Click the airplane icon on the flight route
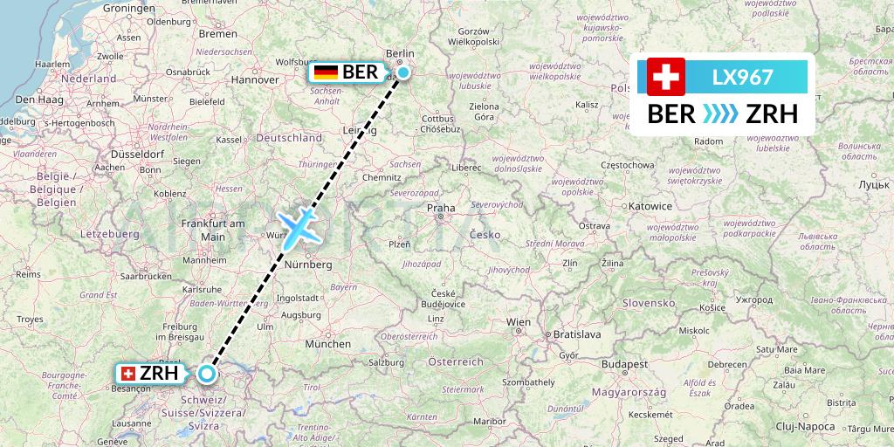pos(298,225)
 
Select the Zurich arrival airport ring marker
pos(206,374)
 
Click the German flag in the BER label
pos(327,72)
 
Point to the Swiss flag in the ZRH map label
pos(128,374)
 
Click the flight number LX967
pos(742,77)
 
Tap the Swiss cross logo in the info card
pos(666,77)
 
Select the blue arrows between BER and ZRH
pos(719,114)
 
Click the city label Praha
pos(441,209)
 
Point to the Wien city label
pos(519,322)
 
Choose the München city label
pos(328,344)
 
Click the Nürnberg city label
pos(307,264)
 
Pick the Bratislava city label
pos(578,334)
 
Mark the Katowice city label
pos(650,206)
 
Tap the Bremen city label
pos(217,34)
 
